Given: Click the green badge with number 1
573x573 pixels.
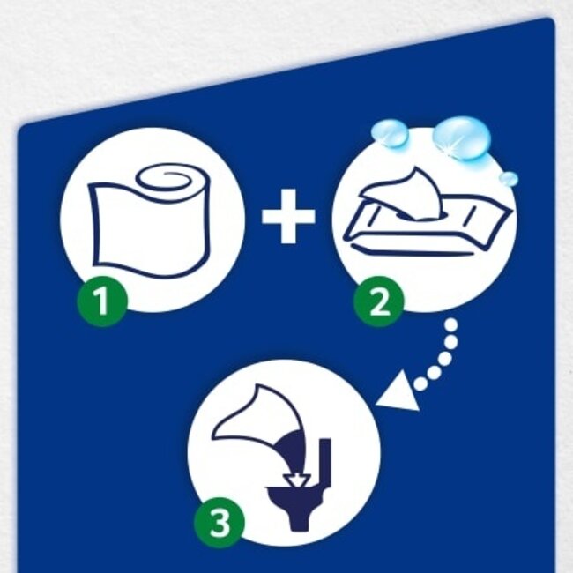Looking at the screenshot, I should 102,302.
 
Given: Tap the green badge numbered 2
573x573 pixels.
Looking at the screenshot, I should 379,301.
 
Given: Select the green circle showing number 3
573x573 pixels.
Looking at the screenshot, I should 218,523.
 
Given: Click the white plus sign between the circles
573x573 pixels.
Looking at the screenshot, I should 287,218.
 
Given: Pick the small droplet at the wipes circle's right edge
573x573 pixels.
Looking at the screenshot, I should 509,179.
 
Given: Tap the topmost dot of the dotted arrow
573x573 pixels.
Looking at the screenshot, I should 451,325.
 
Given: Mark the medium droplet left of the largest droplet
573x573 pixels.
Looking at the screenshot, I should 391,133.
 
